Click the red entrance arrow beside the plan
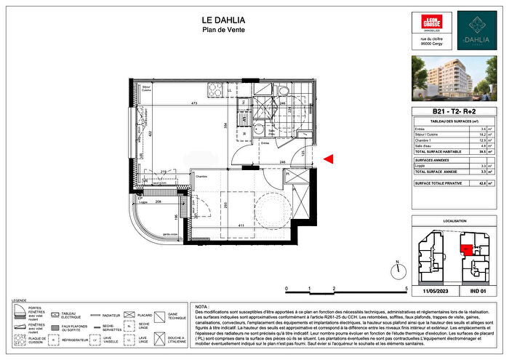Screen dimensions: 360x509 [x=329, y=159]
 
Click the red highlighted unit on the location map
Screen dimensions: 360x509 [x=463, y=249]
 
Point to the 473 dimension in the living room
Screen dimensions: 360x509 [x=194, y=104]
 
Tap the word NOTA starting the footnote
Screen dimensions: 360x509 [x=202, y=307]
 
